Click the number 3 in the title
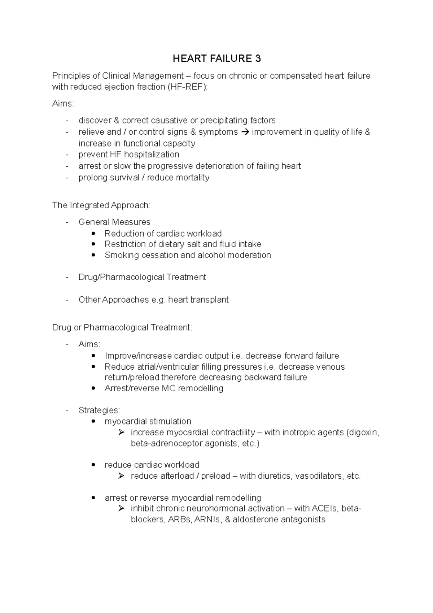(x=258, y=58)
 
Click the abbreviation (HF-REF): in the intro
(x=187, y=87)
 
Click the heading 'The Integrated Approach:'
(x=101, y=205)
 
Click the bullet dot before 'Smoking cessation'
(x=94, y=255)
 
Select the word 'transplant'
(x=210, y=300)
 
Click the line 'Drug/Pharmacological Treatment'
(x=142, y=277)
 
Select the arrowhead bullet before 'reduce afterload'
(x=121, y=476)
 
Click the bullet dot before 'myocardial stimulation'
(x=94, y=422)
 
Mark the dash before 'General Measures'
(x=67, y=222)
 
